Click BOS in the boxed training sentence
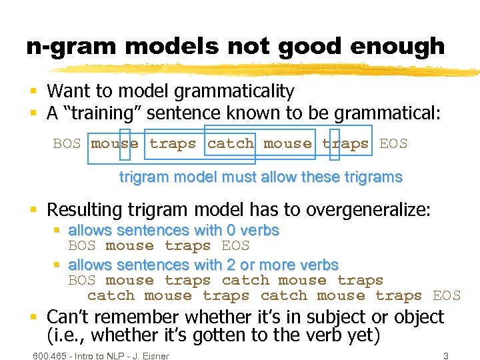67,143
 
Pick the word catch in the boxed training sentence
231,143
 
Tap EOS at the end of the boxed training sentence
393,143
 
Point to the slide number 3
445,355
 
